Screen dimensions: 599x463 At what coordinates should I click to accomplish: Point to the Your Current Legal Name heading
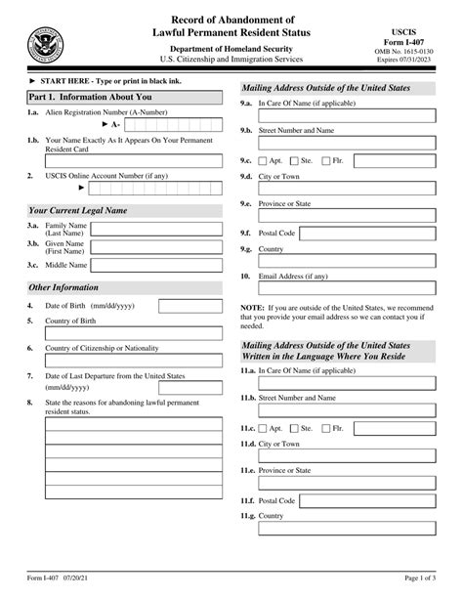click(77, 210)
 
